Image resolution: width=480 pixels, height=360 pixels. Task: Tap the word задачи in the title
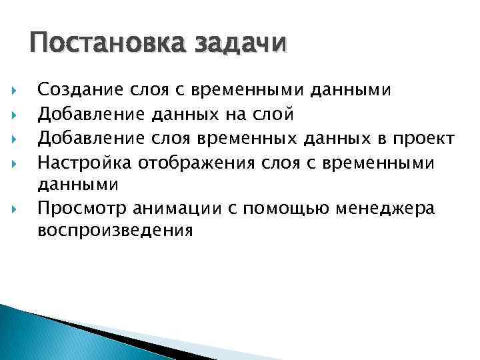(241, 45)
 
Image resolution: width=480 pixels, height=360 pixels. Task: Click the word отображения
(189, 162)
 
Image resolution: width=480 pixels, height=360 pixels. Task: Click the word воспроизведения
(115, 231)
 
